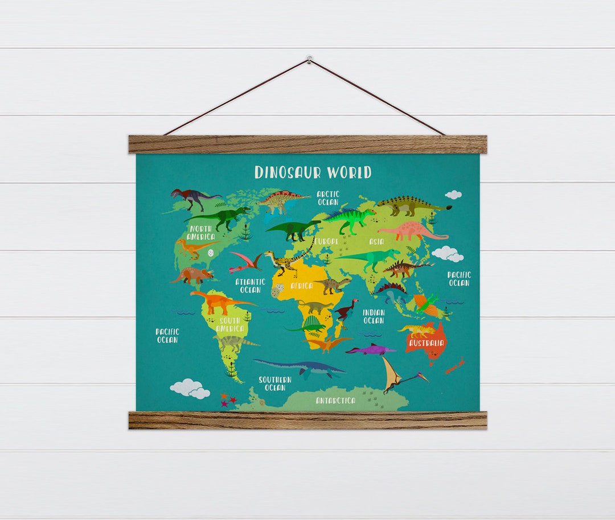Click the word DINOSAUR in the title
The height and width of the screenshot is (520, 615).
(288, 172)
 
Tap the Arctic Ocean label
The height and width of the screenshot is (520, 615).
(328, 198)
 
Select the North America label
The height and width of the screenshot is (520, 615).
(200, 233)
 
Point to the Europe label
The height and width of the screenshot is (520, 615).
(327, 241)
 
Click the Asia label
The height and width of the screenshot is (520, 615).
(376, 241)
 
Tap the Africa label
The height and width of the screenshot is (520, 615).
(301, 286)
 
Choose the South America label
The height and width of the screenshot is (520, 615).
(230, 325)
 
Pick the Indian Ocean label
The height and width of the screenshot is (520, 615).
(374, 317)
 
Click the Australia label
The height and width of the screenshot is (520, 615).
(427, 343)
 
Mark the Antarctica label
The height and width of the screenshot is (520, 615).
(336, 401)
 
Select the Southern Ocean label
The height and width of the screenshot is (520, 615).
(275, 383)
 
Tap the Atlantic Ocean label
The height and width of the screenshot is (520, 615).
(251, 286)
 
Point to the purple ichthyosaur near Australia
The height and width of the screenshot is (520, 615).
(370, 349)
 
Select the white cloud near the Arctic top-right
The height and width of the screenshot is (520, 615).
(453, 195)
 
